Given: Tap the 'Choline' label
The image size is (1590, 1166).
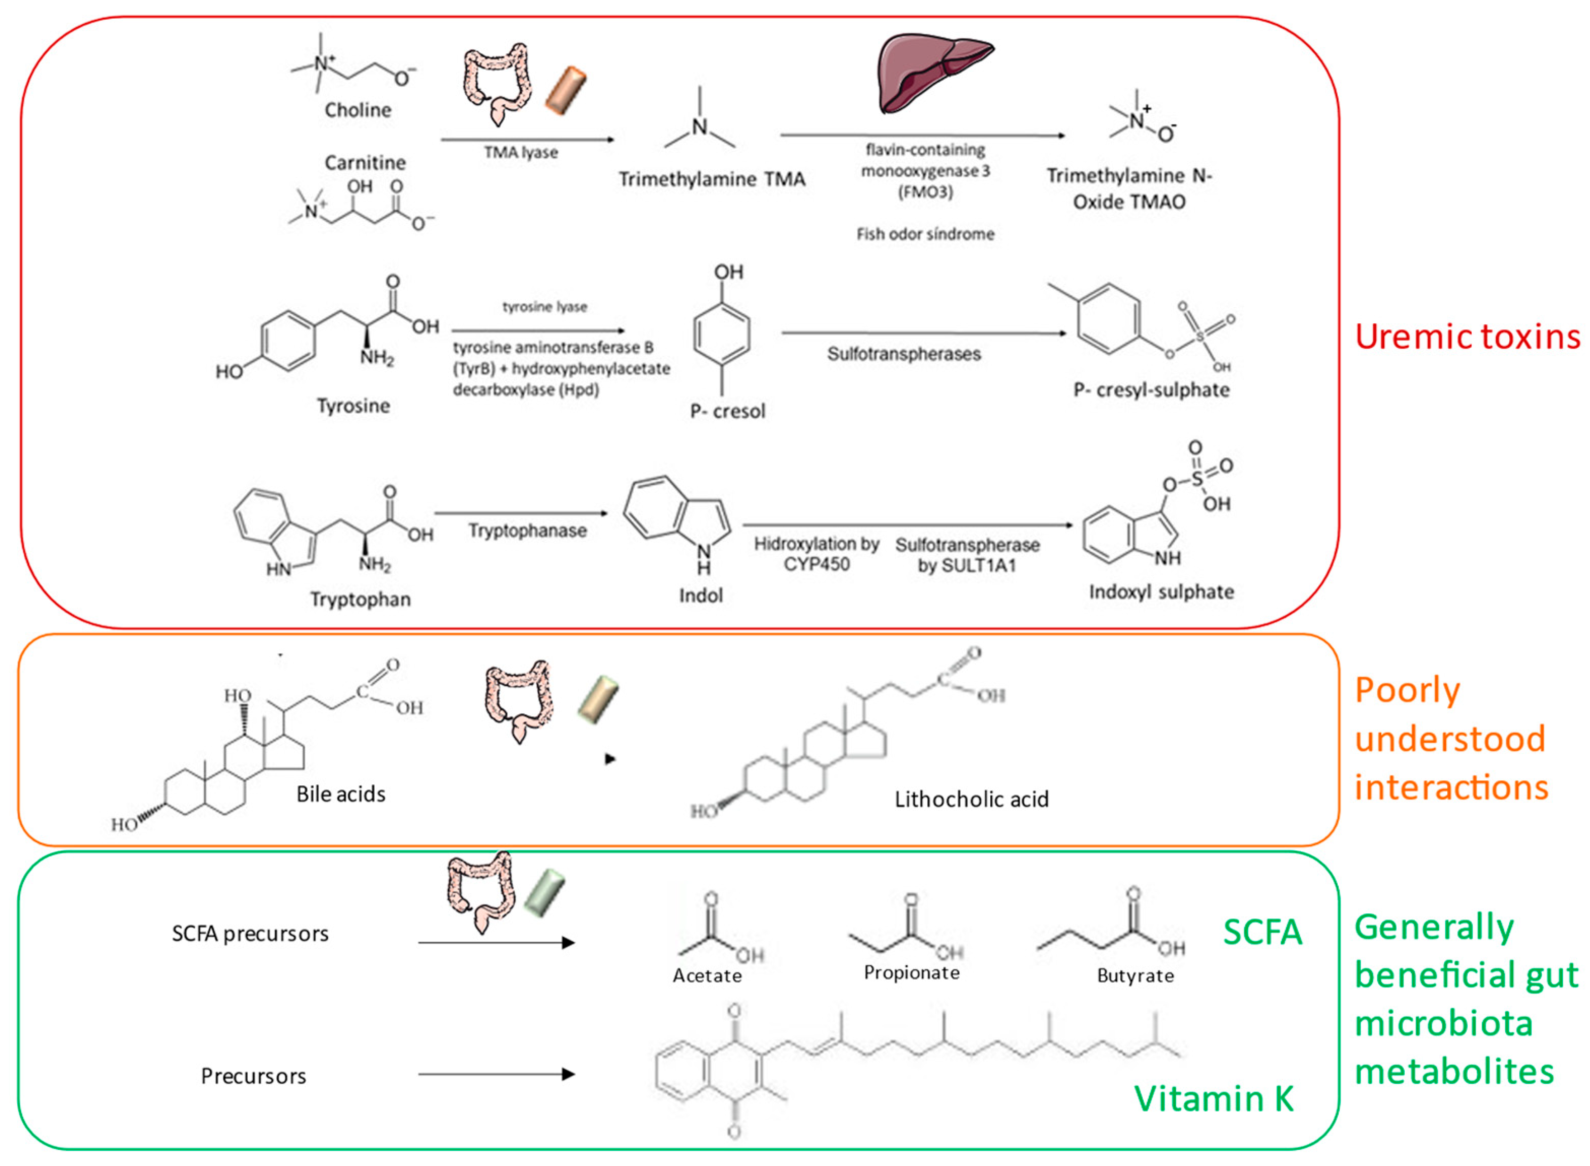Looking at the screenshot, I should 358,110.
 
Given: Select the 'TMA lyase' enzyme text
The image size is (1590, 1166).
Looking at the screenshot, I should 521,152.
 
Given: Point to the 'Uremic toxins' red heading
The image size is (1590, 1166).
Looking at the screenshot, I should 1467,337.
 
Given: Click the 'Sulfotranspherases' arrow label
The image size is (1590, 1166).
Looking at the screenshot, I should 904,354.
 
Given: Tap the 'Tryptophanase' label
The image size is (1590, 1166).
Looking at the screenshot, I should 528,531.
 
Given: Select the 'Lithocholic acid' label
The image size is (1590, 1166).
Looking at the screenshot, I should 971,799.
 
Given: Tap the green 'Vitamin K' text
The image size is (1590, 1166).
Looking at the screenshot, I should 1214,1099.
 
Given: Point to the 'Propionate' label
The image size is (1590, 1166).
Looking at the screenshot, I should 912,973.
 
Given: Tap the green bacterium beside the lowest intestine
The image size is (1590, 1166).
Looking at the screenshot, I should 544,893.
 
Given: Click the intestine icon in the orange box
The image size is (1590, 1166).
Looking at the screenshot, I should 519,699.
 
